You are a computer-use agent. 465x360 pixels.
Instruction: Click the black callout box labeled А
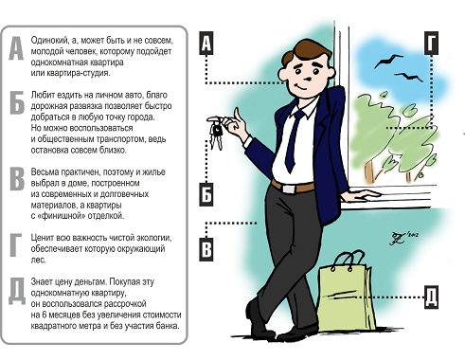click(x=206, y=44)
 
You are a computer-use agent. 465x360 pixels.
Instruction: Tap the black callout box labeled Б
click(x=206, y=194)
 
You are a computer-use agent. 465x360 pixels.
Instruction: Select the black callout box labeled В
click(x=206, y=249)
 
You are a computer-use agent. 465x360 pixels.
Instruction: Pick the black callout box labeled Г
click(x=431, y=44)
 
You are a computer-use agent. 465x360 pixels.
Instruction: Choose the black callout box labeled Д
click(x=431, y=297)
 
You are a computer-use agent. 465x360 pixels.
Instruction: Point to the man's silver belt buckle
click(x=289, y=189)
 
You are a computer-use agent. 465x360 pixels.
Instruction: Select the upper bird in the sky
click(x=387, y=61)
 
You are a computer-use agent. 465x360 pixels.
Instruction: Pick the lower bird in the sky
click(x=408, y=77)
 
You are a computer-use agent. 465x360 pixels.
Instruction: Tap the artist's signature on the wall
click(x=404, y=238)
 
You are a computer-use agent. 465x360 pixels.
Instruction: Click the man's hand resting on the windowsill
click(x=364, y=195)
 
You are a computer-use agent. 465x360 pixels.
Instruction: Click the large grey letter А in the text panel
click(x=16, y=48)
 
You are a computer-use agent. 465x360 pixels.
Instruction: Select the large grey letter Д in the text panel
click(x=17, y=291)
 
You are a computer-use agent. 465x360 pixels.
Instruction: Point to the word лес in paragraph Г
click(x=39, y=260)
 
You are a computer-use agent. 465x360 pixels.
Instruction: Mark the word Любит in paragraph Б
click(x=42, y=95)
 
